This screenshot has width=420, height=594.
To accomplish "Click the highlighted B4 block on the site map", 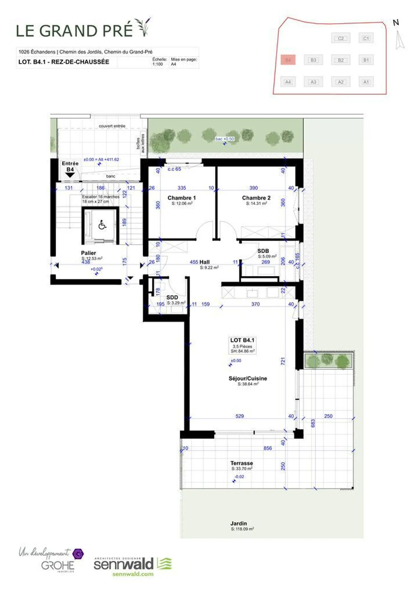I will (x=288, y=60).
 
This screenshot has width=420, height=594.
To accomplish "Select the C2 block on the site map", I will (x=341, y=38).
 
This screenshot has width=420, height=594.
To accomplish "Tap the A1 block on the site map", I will (x=366, y=82).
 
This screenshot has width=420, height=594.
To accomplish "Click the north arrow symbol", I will (x=399, y=40).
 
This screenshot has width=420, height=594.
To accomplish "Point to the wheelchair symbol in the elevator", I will (x=102, y=225).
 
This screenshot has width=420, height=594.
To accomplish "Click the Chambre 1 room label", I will (x=181, y=198).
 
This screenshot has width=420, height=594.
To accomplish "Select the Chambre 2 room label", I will (x=256, y=198).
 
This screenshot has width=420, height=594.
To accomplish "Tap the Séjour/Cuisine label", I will (x=248, y=378).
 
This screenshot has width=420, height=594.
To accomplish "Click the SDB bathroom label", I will (x=263, y=251).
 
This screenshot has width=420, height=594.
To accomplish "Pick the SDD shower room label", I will (x=172, y=297).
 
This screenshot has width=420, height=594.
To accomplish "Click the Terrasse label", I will (x=242, y=463).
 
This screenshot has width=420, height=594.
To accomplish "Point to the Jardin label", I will (x=238, y=523).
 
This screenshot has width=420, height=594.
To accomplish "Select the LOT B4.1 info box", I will (x=242, y=345).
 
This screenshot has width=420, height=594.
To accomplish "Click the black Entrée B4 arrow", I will (x=70, y=175).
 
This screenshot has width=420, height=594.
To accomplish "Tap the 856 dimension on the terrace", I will (x=267, y=448).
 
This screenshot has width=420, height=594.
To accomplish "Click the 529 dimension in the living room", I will (x=239, y=416).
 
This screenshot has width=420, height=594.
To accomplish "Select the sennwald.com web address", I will (x=133, y=574).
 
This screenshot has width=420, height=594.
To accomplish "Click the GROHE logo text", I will (x=58, y=566).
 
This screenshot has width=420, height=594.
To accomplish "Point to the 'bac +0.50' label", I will (x=225, y=139).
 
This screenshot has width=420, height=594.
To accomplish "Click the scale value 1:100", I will (x=157, y=64).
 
